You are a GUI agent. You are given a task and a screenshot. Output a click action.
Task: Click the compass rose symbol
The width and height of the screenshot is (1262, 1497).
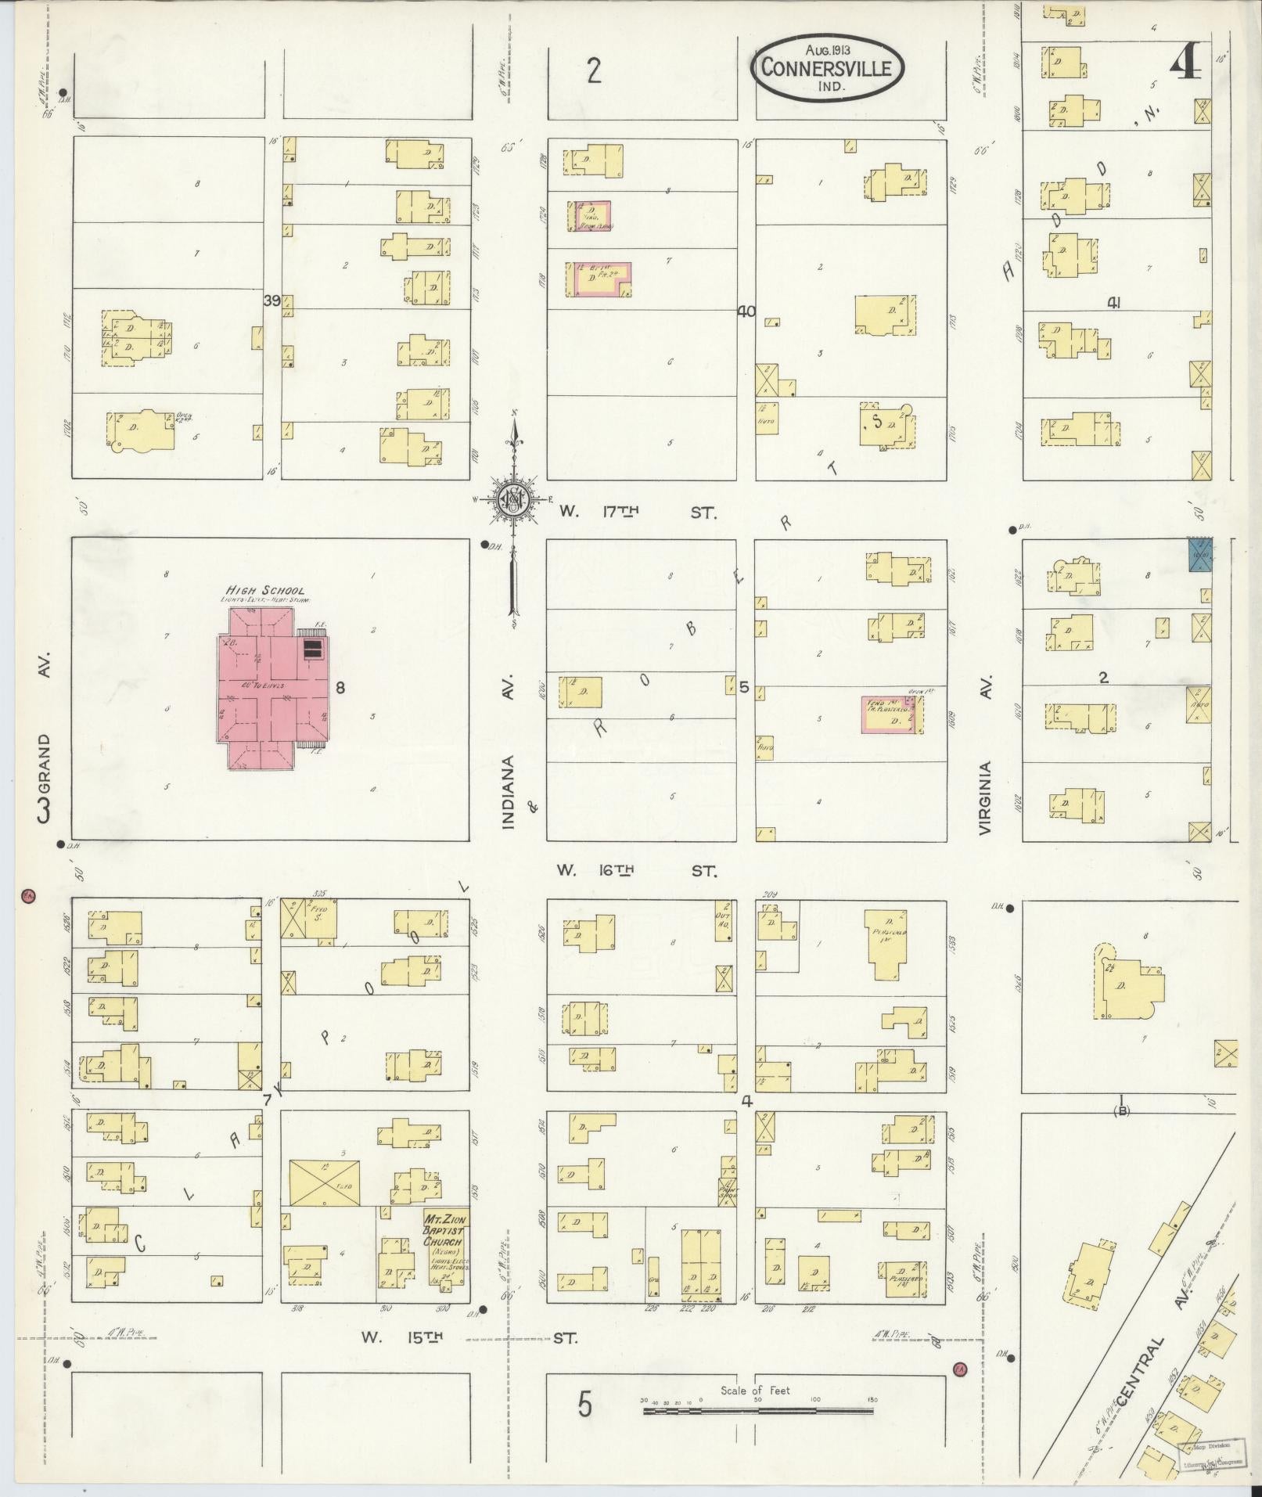(x=514, y=500)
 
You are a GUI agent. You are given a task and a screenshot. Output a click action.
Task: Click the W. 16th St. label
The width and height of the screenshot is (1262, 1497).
(x=636, y=870)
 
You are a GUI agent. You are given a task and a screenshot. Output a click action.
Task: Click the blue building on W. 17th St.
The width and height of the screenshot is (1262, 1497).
(x=1199, y=554)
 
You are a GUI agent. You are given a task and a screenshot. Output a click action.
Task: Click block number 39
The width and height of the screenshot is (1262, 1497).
(x=271, y=301)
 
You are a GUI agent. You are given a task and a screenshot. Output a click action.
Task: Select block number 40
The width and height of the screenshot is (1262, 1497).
(x=746, y=311)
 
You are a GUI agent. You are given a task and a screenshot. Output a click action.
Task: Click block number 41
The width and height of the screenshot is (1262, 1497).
(x=1113, y=303)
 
